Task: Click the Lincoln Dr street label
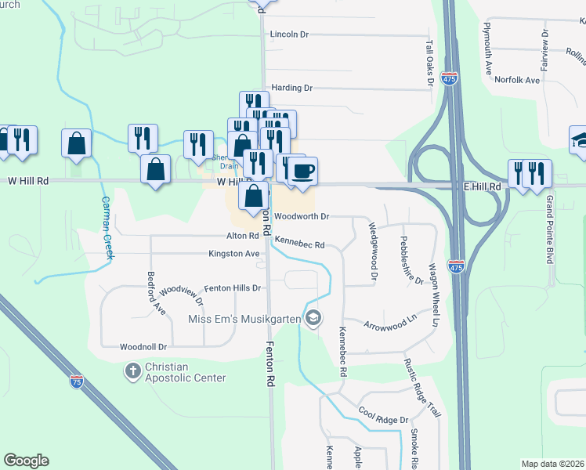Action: click(290, 34)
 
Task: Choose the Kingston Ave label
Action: click(233, 254)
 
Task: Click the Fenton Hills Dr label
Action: click(232, 288)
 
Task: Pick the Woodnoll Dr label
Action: click(143, 346)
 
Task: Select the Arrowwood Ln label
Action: click(389, 320)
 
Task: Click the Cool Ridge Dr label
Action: click(384, 420)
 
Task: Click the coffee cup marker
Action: click(303, 170)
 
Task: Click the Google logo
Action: click(27, 461)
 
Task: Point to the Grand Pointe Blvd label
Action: click(549, 230)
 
